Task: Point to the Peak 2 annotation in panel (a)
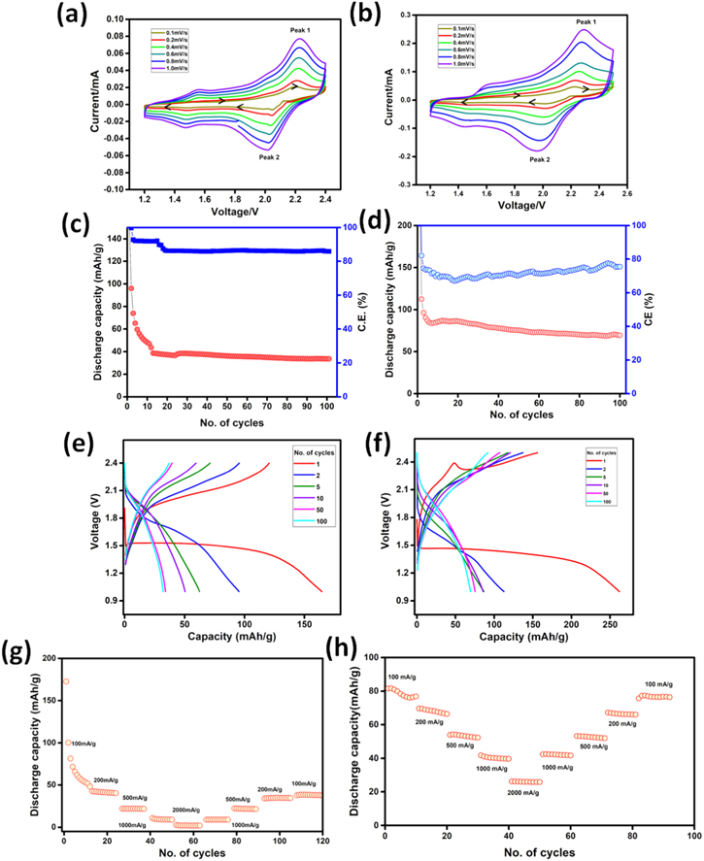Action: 274,156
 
